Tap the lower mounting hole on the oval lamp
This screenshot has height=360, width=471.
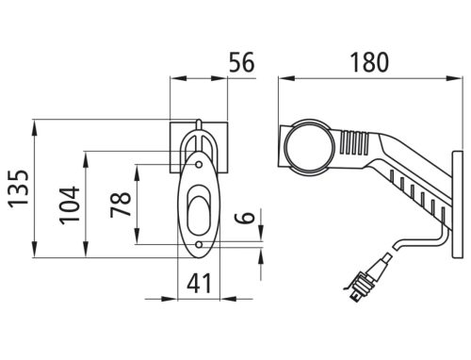[x=199, y=244]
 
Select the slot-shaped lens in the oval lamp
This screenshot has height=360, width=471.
[x=199, y=209]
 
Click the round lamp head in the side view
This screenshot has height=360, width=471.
[x=309, y=145]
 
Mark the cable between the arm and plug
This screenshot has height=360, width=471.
[x=414, y=240]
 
